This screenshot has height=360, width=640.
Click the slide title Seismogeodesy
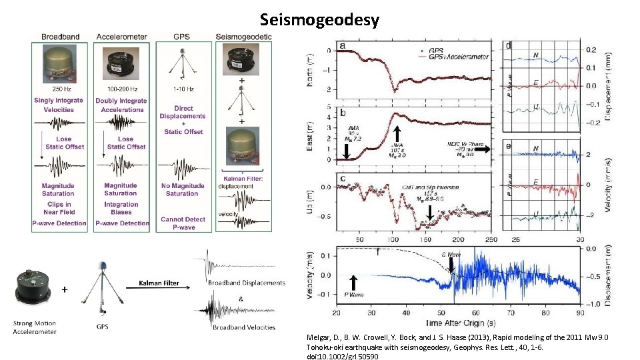(x=319, y=20)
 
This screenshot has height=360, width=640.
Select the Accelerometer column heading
(x=121, y=36)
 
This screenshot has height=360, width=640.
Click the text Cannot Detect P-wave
(x=183, y=223)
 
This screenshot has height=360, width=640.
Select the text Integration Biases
(x=121, y=209)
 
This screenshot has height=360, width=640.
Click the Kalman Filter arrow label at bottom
(x=159, y=283)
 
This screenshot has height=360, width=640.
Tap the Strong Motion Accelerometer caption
(x=35, y=327)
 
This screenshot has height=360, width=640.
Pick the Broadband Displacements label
(x=246, y=283)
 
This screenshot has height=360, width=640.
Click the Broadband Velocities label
(x=245, y=327)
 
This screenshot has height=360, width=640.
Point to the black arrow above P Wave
(x=353, y=284)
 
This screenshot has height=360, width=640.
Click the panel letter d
(x=509, y=46)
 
